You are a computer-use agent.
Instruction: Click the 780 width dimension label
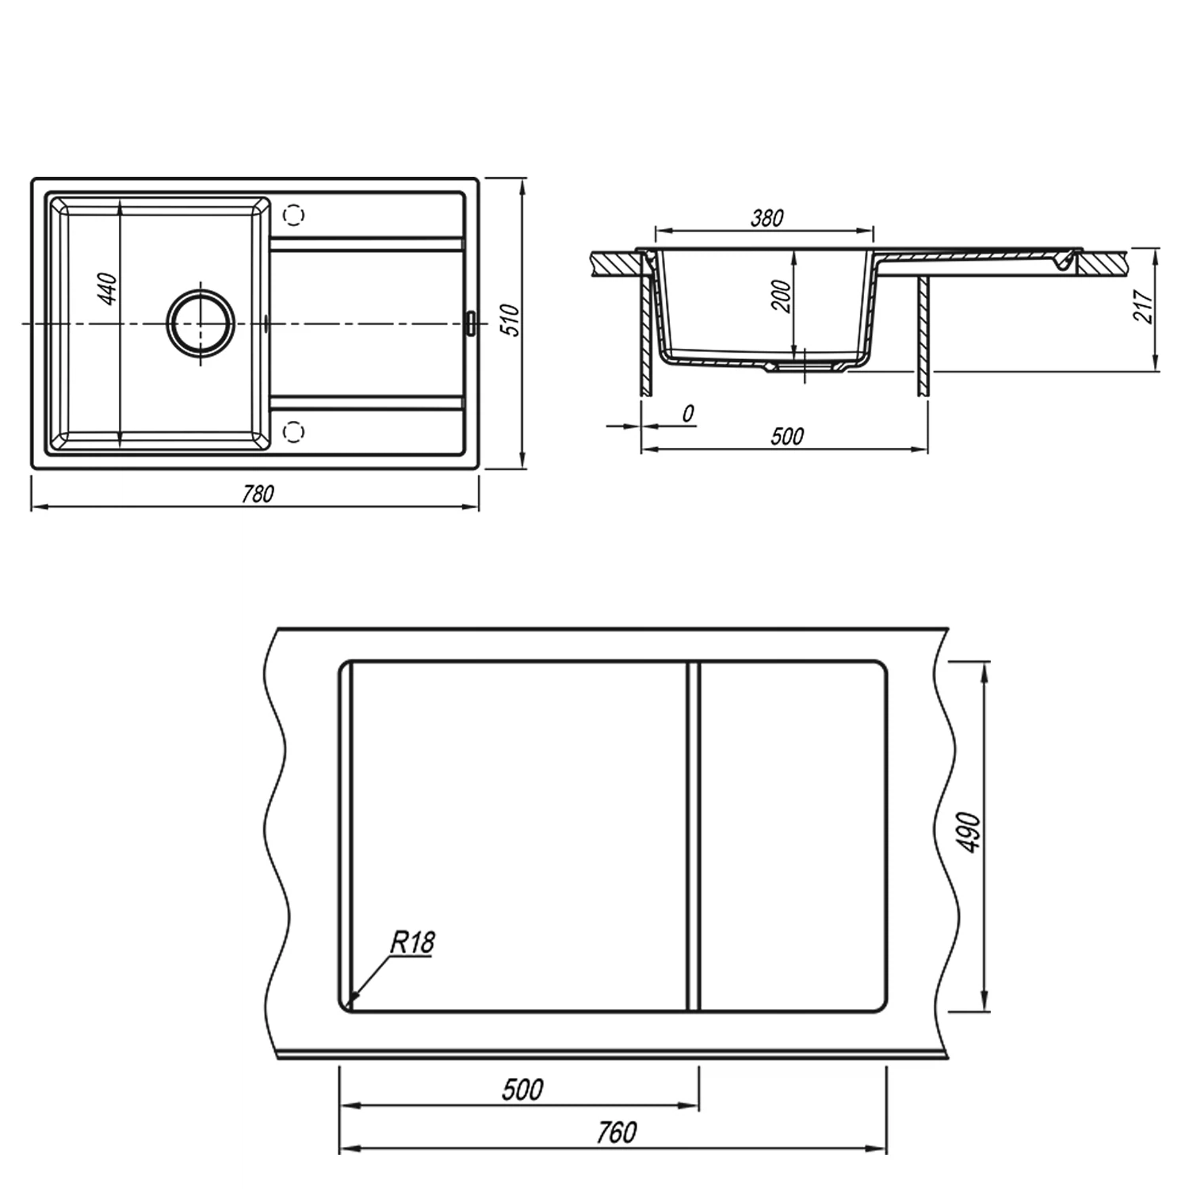pyautogui.click(x=258, y=493)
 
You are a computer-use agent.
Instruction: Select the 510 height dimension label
pyautogui.click(x=512, y=320)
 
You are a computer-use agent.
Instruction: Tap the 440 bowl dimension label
pyautogui.click(x=109, y=289)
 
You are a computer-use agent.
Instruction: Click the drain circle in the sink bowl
pyautogui.click(x=201, y=324)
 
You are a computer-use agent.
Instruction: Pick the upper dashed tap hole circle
pyautogui.click(x=293, y=215)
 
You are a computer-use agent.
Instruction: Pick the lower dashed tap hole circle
pyautogui.click(x=293, y=431)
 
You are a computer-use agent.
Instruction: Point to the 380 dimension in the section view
pyautogui.click(x=767, y=217)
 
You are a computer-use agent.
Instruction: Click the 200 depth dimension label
pyautogui.click(x=782, y=296)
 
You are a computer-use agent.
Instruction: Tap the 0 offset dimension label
pyautogui.click(x=687, y=413)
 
